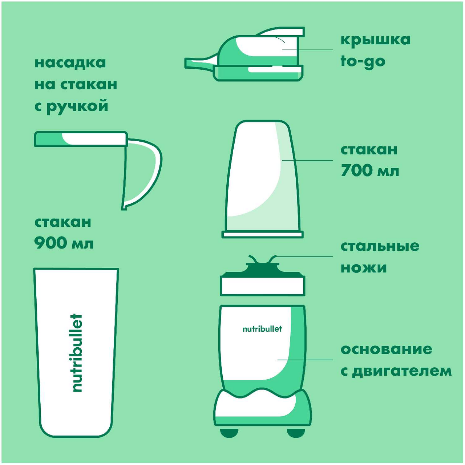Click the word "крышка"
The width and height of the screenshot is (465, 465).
click(376, 40)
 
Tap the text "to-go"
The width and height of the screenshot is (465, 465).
click(363, 61)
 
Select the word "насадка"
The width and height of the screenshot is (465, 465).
click(70, 63)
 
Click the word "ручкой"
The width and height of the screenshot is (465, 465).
click(77, 106)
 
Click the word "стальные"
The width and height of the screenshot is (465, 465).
click(380, 246)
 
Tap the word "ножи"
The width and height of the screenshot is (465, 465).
click(364, 268)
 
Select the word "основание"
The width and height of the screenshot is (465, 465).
click(386, 349)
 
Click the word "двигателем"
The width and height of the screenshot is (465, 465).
click(401, 371)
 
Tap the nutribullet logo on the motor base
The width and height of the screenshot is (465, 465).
click(262, 329)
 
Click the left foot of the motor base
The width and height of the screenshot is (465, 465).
click(230, 432)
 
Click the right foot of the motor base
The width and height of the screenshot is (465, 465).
click(296, 432)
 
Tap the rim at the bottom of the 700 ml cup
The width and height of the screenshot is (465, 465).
click(263, 234)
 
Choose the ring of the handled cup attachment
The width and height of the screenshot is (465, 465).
click(81, 139)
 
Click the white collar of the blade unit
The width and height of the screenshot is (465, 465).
click(263, 286)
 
